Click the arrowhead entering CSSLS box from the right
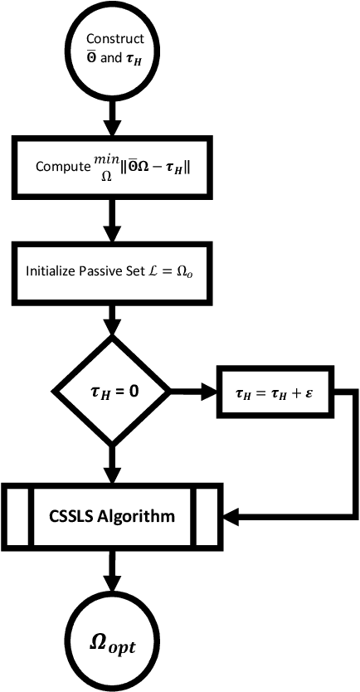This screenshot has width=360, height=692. [x=232, y=516]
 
